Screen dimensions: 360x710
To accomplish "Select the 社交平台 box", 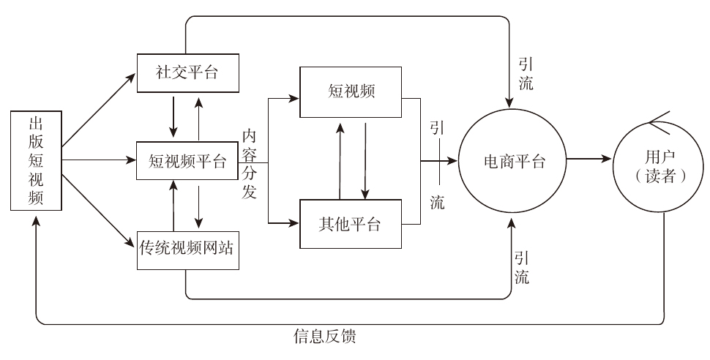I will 189,73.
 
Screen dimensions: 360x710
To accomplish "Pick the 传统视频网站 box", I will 189,248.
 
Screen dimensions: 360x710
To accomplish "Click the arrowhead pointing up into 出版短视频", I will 36,222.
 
